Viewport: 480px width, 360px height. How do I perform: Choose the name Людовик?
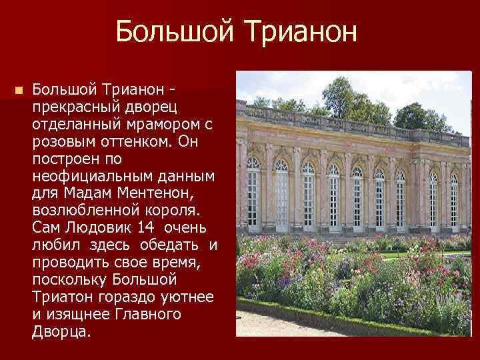coord(86,228)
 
